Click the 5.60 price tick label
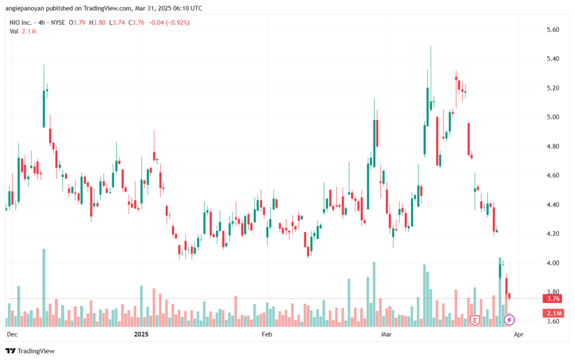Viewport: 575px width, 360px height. point(553,30)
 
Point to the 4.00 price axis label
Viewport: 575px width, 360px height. point(553,263)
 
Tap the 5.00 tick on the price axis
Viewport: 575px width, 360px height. point(553,117)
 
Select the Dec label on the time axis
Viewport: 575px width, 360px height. point(12,334)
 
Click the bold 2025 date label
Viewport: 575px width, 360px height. point(141,334)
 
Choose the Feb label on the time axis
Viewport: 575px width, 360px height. point(267,334)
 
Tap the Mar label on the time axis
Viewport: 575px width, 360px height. point(386,334)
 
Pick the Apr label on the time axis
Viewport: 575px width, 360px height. point(518,334)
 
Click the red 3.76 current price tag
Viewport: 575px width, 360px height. point(553,298)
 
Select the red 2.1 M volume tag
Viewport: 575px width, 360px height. point(553,313)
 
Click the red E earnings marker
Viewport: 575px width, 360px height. point(475,321)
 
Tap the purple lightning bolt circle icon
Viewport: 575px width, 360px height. point(509,320)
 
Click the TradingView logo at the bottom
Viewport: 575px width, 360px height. point(30,351)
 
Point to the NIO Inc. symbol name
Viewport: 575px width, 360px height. point(21,22)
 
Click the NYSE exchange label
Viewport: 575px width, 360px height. point(58,22)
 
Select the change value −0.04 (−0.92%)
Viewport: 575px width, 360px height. point(168,22)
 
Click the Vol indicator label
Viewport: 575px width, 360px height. point(13,31)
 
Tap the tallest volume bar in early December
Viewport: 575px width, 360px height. point(44,288)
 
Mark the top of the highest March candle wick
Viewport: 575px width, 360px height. point(431,46)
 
